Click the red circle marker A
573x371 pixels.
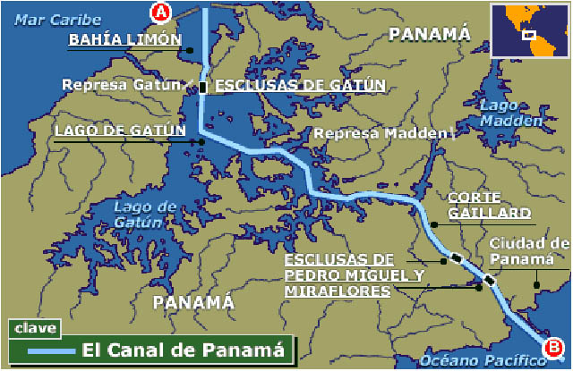[160, 12]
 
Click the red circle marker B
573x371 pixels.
[554, 346]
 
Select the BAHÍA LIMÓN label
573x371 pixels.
[125, 40]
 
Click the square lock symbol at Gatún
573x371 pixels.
[203, 87]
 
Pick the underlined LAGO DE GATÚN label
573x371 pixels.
[120, 131]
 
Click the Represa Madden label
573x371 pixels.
[379, 133]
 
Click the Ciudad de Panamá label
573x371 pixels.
[529, 250]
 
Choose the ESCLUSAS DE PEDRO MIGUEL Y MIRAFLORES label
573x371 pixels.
[353, 275]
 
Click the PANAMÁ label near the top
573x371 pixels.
[429, 34]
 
